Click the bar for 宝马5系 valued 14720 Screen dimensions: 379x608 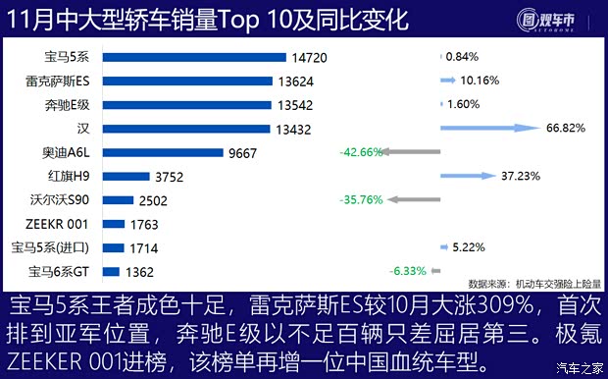click(194, 58)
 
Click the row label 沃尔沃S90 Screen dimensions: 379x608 click(62, 200)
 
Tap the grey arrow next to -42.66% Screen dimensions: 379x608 click(411, 152)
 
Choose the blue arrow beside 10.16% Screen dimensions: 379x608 click(449, 81)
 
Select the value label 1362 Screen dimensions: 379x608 click(138, 272)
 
